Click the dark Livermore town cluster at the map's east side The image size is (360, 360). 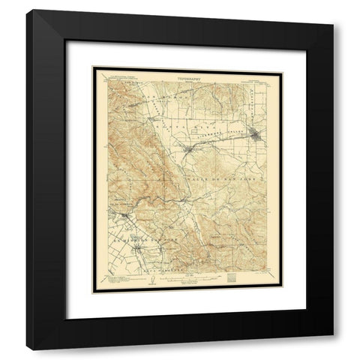coord(258,136)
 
